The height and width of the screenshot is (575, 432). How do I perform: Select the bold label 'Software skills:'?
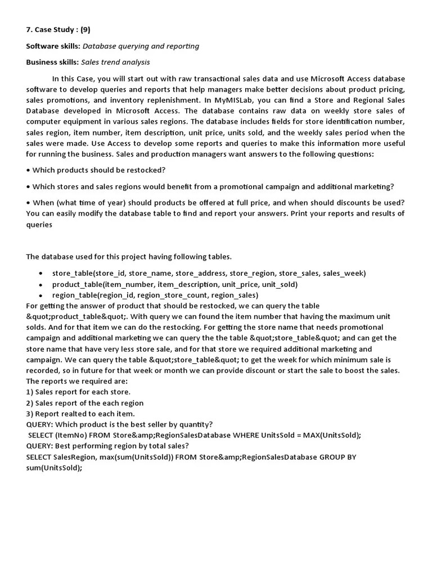click(53, 46)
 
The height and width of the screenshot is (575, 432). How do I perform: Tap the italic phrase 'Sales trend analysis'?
click(115, 62)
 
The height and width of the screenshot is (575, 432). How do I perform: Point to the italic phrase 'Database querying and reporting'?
click(141, 46)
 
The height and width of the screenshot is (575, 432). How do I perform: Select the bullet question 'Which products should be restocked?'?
click(98, 170)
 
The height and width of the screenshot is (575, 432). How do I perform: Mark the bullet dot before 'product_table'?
click(41, 285)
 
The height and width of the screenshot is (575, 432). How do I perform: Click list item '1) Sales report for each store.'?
click(78, 392)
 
